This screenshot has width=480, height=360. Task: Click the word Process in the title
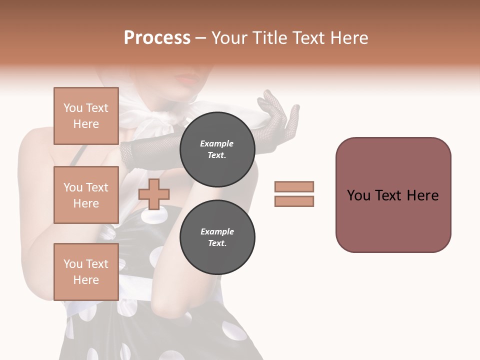[157, 38]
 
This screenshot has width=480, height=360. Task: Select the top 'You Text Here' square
[86, 116]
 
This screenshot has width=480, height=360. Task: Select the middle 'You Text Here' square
[86, 195]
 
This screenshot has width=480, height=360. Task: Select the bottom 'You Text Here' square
[86, 272]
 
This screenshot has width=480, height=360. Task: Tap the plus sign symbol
[153, 194]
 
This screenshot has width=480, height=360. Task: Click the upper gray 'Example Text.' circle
[217, 149]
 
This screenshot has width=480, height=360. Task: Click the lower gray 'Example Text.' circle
[217, 237]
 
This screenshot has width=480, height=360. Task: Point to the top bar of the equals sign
[294, 186]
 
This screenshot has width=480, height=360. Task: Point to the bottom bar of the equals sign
[294, 201]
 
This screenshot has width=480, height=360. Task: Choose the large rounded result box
[393, 195]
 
